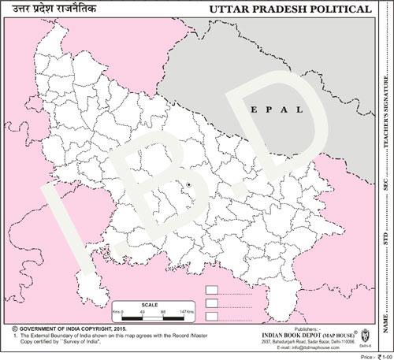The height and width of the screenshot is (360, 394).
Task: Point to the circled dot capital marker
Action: [x=190, y=185]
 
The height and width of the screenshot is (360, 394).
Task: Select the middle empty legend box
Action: [x=210, y=303]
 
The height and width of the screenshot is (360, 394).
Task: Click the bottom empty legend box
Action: [x=210, y=316]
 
